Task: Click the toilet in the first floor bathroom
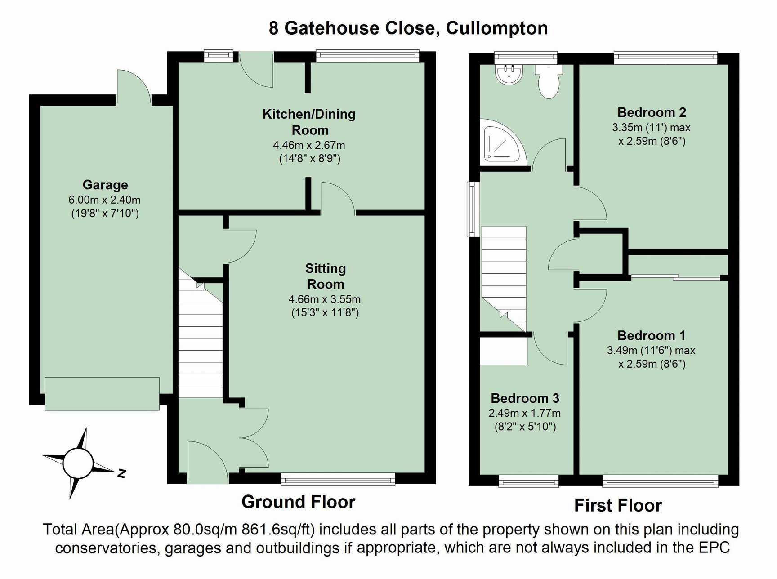(549, 82)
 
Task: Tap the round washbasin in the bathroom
(509, 74)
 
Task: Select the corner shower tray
(503, 142)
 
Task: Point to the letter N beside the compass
(121, 473)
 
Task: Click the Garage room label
(105, 185)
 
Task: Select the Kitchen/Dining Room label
(309, 122)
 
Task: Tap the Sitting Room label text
(326, 276)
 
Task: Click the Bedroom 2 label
(652, 112)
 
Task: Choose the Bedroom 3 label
(525, 398)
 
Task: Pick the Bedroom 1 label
(652, 336)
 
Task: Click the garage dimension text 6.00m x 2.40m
(105, 200)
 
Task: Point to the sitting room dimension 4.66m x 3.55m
(325, 299)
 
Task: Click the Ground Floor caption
(299, 502)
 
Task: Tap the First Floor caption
(618, 505)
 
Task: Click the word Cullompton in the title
(497, 28)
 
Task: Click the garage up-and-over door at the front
(102, 394)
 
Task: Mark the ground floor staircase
(201, 333)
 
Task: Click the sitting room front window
(338, 479)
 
